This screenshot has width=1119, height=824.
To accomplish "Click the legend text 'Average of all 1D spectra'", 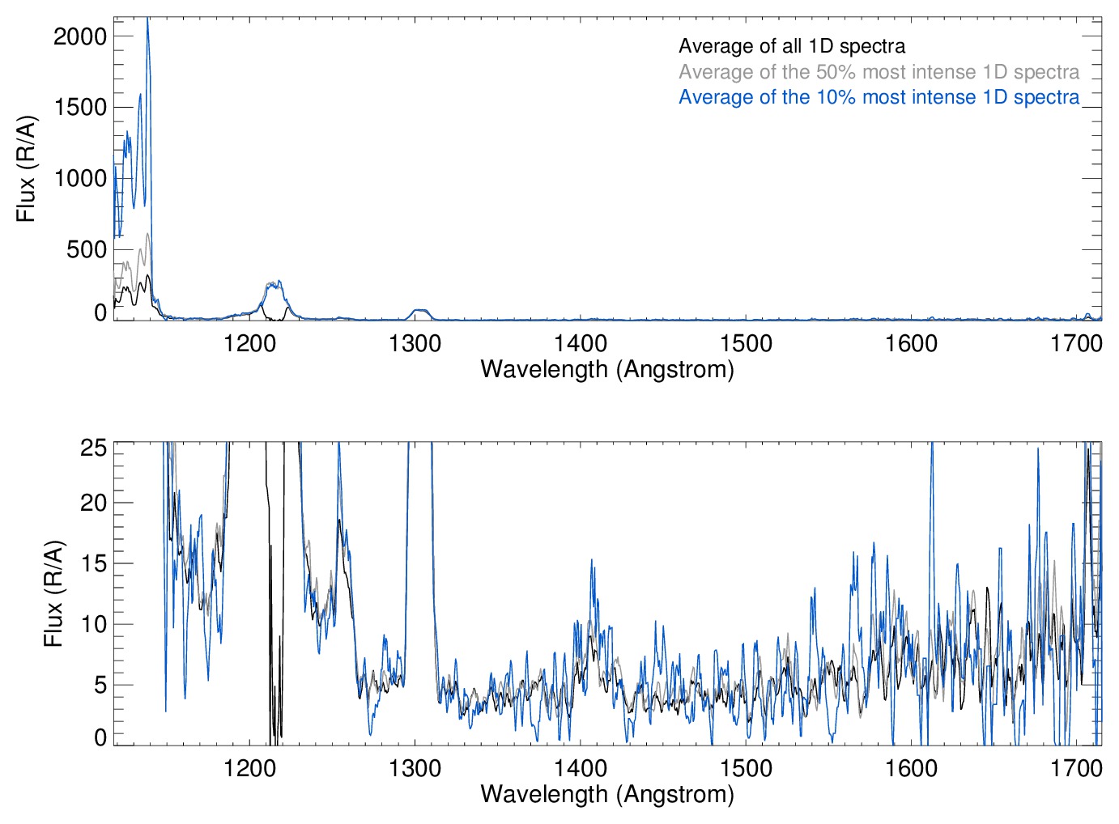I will (x=791, y=46).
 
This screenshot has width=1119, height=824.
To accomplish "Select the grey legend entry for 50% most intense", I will (x=879, y=72).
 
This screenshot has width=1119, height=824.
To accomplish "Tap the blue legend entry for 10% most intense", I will (x=879, y=97).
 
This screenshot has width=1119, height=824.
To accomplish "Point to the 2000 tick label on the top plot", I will (x=80, y=36).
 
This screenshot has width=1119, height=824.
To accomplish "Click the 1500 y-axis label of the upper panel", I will (x=80, y=108).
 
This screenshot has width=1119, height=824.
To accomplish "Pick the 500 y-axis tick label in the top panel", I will (x=87, y=249).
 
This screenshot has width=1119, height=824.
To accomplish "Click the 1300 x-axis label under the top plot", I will (x=415, y=344).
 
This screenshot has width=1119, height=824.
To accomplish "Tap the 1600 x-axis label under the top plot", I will (x=911, y=344).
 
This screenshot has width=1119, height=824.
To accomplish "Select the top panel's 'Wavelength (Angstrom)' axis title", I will (x=607, y=369).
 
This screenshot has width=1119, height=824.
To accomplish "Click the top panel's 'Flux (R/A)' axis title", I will (x=26, y=168).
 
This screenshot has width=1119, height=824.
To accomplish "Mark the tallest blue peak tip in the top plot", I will (x=147, y=19).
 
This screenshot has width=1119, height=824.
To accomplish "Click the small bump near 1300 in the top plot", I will (x=419, y=311).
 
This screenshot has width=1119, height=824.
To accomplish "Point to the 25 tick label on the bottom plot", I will (x=94, y=447).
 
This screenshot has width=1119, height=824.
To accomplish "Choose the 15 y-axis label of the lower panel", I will (x=94, y=563).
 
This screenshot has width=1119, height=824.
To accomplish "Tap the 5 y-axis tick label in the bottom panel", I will (x=100, y=685).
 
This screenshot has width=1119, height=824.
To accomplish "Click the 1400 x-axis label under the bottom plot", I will (x=581, y=768).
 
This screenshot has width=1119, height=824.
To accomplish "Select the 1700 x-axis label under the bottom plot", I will (x=1076, y=768).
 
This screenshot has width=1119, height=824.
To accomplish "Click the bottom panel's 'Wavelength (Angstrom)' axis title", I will (x=607, y=794).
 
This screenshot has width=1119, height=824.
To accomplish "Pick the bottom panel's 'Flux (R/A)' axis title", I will (x=53, y=593).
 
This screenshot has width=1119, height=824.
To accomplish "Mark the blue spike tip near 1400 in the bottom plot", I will (x=592, y=559).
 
